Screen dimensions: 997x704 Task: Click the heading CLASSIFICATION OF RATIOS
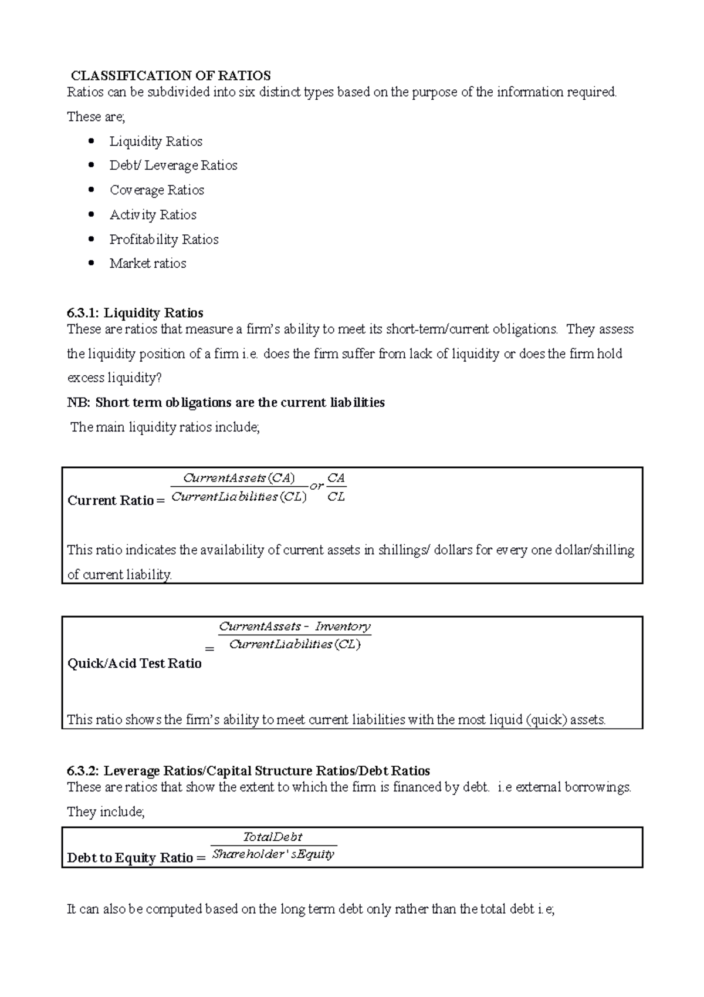[171, 76]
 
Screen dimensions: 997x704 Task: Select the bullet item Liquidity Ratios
[155, 142]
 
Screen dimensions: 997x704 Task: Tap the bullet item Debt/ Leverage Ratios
[173, 166]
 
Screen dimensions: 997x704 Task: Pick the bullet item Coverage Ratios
[157, 190]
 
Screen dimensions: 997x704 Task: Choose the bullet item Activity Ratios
[153, 215]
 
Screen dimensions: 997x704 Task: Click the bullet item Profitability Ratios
[164, 240]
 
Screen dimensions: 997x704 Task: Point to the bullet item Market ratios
[148, 264]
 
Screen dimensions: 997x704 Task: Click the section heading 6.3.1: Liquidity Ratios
[136, 313]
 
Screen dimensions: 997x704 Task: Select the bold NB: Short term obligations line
[226, 403]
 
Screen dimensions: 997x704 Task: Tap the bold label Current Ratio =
[116, 501]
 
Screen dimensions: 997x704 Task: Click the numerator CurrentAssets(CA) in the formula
[239, 478]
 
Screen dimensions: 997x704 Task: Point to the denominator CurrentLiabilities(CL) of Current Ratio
[239, 497]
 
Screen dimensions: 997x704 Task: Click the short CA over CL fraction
[336, 487]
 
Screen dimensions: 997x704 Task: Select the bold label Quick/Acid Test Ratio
[134, 663]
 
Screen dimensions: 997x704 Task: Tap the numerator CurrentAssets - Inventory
[295, 627]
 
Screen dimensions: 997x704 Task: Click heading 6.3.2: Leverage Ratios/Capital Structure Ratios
[249, 771]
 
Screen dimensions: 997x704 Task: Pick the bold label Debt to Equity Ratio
[130, 858]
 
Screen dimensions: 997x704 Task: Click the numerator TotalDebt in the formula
[273, 837]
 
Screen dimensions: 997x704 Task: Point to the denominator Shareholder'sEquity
[273, 854]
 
